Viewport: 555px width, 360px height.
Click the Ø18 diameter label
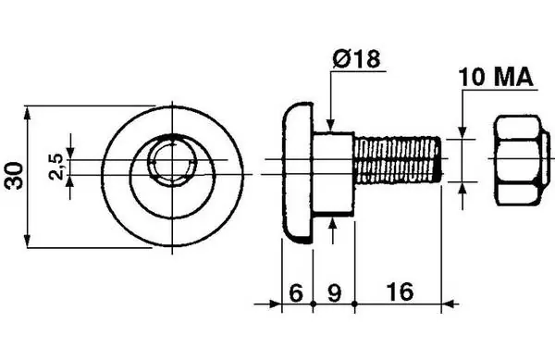pos(356,59)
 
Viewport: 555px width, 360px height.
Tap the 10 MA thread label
pos(496,78)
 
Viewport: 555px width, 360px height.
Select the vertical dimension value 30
pos(15,176)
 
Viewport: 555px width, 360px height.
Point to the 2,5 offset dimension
pos(56,168)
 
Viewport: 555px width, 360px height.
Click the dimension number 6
pos(297,292)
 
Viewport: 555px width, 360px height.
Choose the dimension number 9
pos(334,292)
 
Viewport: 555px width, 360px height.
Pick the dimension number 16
pos(400,292)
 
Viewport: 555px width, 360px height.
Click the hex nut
pos(522,160)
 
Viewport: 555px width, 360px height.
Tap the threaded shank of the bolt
pos(398,160)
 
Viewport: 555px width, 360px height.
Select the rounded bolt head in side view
pos(297,173)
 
